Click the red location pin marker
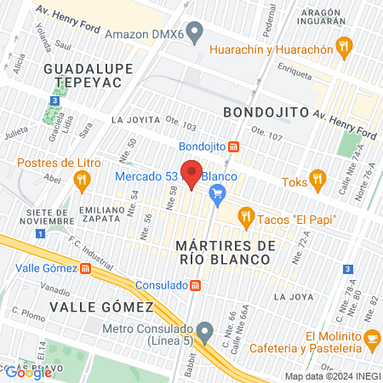191,174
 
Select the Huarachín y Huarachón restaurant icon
344,49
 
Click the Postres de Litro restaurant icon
82,179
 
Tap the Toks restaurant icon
318,180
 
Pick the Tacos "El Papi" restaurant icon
247,218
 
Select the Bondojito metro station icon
234,146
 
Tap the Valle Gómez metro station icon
85,269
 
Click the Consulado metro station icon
196,286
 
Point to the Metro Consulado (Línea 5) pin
203,329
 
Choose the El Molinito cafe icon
372,340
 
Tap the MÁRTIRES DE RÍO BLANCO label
226,253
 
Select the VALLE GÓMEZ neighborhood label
101,306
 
